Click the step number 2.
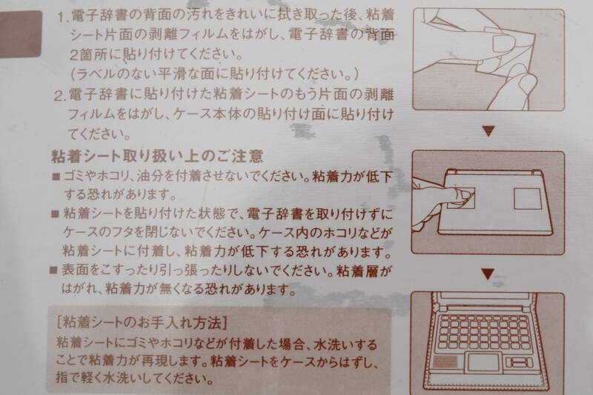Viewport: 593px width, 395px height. [59, 96]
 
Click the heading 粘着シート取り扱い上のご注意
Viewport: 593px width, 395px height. [157, 156]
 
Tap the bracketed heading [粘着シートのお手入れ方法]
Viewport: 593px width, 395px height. [142, 322]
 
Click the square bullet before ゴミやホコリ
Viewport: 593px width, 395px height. [56, 176]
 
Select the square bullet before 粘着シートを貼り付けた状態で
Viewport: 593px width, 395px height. [55, 214]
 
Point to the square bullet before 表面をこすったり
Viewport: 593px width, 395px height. [53, 270]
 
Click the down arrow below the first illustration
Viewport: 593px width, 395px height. [488, 130]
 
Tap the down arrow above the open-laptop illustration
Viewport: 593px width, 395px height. [488, 273]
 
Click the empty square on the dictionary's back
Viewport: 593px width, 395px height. [527, 199]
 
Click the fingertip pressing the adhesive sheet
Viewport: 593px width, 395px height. [463, 195]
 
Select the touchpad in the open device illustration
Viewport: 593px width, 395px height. [483, 362]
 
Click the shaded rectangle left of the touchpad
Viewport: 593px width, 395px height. [445, 362]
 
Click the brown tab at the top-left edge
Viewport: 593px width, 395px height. [20, 34]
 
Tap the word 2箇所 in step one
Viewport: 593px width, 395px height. [88, 55]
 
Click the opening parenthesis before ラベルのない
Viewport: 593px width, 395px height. [73, 74]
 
